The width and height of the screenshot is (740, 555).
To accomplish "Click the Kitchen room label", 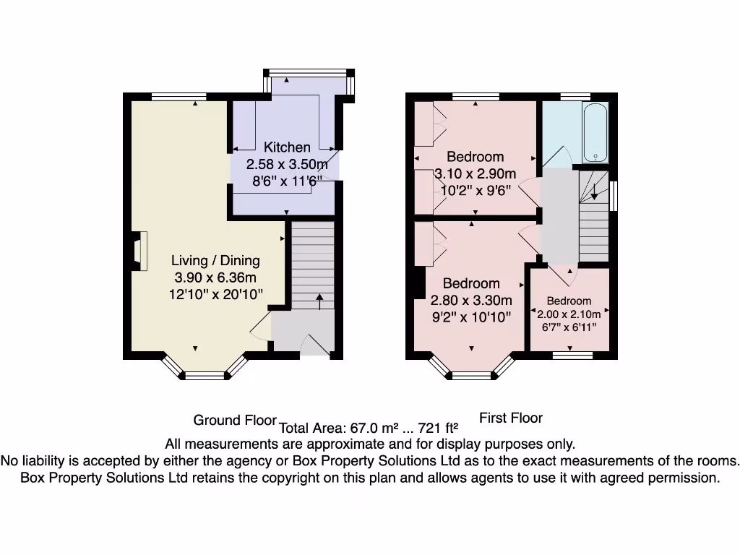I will point(287,147).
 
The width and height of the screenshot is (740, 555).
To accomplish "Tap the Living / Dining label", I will point(215,261).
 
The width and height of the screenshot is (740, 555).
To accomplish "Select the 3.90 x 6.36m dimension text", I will point(215,277).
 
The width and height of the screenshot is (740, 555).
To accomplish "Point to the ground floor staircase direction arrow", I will point(319,301).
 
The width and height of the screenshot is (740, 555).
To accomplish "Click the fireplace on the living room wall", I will point(139,250).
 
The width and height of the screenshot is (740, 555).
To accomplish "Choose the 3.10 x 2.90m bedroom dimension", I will point(475,174).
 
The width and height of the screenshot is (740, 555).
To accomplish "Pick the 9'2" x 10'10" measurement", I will point(470,317).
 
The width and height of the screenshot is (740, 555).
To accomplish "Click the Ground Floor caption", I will point(235,420).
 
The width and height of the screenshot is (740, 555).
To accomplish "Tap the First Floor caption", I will point(511,418).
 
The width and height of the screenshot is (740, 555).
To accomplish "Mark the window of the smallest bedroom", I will point(572,355).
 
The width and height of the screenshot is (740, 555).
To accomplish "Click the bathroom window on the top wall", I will point(575,96).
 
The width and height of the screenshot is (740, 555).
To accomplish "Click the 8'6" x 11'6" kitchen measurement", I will point(287,180).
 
